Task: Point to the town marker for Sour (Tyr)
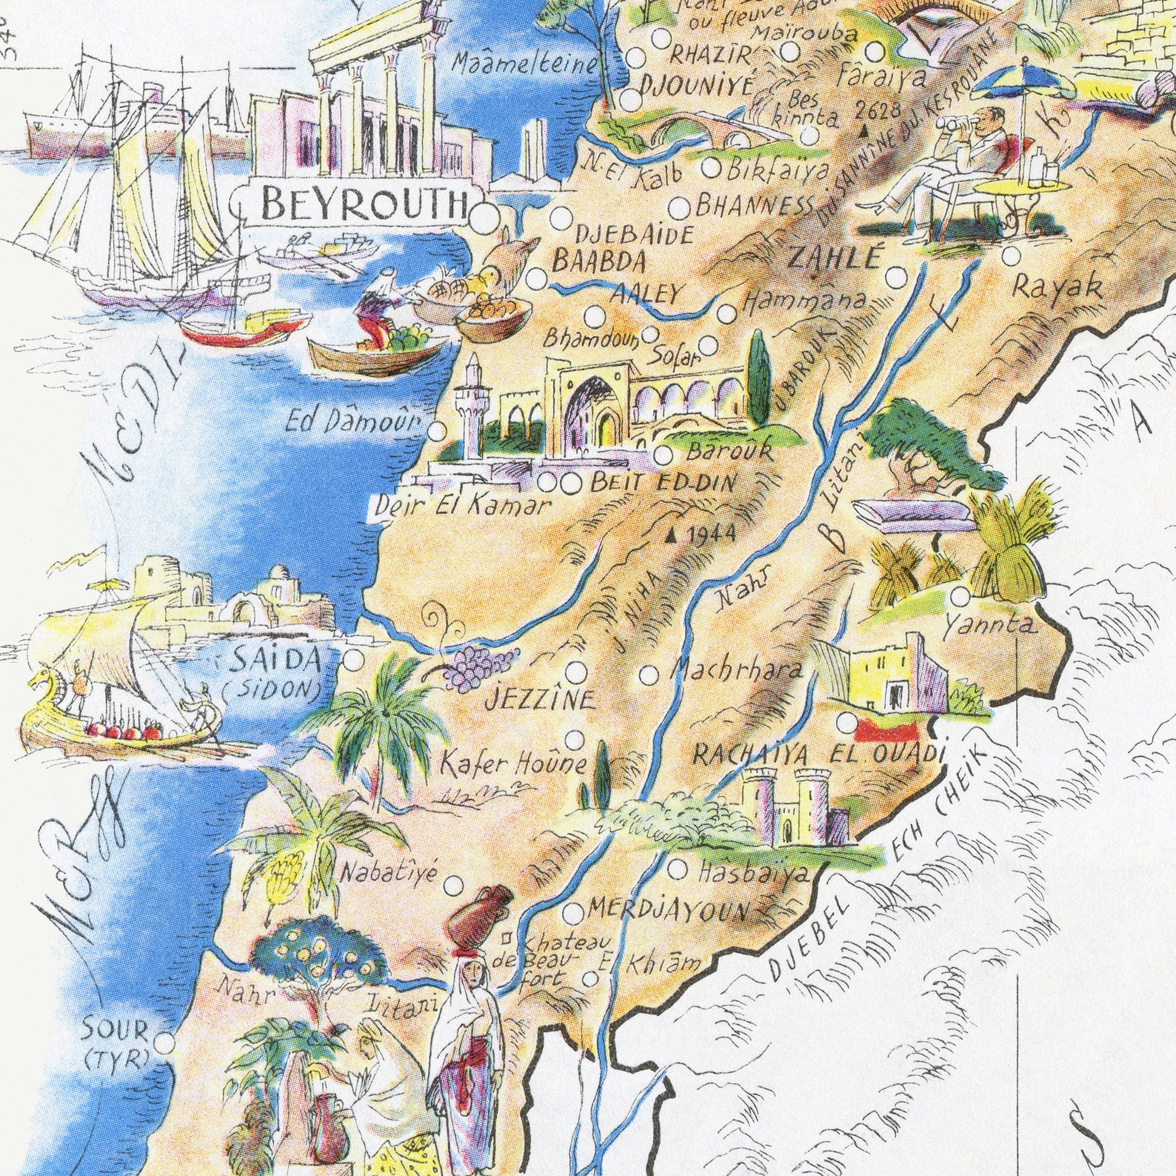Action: pos(164,1042)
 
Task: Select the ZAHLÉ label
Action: pos(835,258)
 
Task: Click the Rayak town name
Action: pos(1058,287)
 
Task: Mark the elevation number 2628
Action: pos(877,111)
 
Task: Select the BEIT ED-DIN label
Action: pos(664,484)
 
